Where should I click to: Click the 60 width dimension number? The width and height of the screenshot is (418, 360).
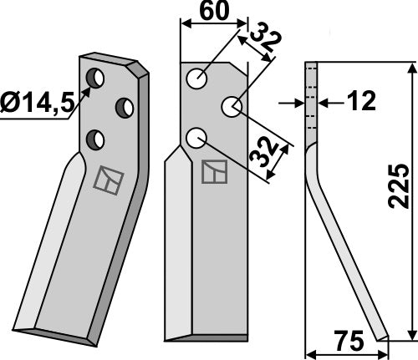point(213,13)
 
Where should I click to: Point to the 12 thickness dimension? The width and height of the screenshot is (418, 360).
point(359,102)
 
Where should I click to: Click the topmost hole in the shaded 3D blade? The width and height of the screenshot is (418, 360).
point(95,79)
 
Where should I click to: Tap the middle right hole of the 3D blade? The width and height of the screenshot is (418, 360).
point(125,107)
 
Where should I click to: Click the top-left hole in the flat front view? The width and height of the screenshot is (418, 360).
point(196,79)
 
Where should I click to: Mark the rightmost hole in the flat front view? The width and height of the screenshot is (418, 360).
point(231,106)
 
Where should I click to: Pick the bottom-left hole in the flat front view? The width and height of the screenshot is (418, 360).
point(196,137)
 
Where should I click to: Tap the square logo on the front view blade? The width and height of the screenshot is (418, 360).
point(213,171)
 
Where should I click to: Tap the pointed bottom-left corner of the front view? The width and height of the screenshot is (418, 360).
point(167,338)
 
